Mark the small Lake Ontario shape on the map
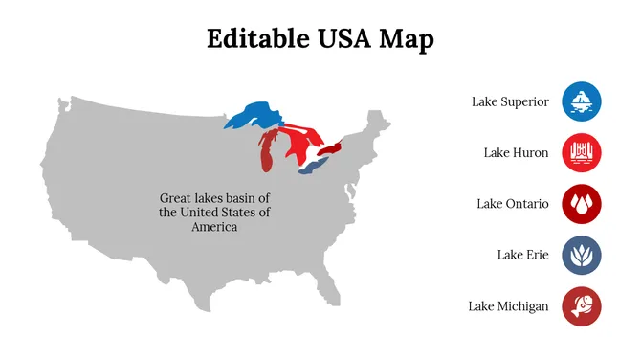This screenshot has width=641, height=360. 330,150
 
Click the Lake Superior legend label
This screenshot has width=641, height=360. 510,101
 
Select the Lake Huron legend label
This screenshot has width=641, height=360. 516,152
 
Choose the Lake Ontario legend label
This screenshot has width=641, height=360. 513,204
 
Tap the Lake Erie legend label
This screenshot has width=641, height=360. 522,255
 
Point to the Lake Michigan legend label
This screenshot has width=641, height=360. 508,306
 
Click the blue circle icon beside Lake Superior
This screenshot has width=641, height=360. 582,101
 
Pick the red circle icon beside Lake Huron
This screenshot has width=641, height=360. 582,152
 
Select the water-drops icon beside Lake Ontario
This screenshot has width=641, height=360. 582,204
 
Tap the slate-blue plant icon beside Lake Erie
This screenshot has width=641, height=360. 582,255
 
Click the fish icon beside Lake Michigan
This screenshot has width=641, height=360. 582,306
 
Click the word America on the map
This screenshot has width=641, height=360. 214,227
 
